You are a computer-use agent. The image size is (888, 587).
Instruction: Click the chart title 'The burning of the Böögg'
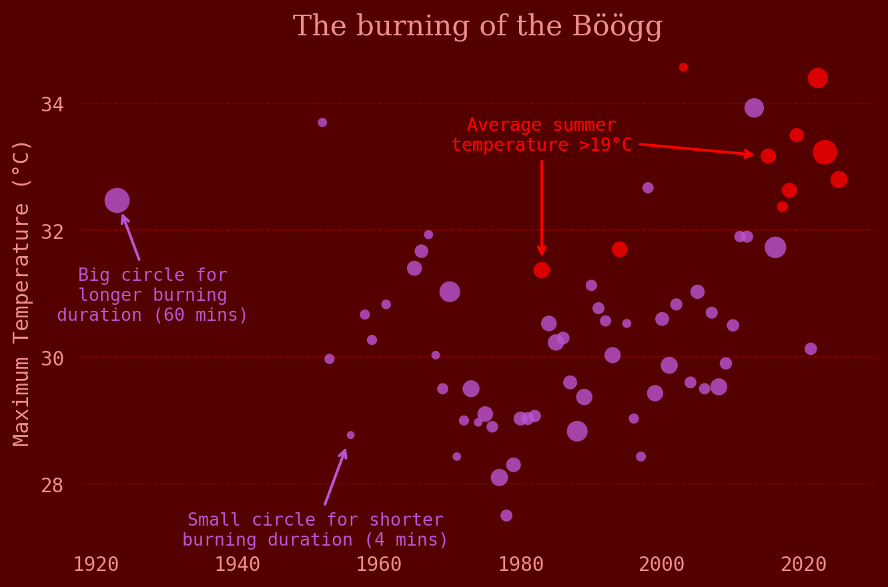point(478,27)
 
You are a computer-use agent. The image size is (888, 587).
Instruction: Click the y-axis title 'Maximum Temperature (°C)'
point(21,292)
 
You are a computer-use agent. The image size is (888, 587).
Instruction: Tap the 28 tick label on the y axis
point(52,485)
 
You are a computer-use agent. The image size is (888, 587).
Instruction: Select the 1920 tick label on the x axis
point(96,564)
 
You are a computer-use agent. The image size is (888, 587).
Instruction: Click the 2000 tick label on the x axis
point(662,564)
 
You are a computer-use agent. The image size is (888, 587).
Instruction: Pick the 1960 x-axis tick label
point(379,564)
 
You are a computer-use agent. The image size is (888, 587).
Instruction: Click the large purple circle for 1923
point(117,200)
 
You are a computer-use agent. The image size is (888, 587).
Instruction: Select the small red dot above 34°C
point(683,67)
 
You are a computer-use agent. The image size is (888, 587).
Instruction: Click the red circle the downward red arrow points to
point(542,270)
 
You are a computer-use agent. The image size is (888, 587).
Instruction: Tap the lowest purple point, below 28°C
point(506,516)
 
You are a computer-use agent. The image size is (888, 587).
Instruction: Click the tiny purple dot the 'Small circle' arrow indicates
point(351,435)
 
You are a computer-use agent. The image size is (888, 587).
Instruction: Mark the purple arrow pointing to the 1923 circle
point(131,237)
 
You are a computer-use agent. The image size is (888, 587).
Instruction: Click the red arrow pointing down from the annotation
point(542,207)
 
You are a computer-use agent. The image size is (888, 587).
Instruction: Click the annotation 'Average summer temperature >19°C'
point(541,135)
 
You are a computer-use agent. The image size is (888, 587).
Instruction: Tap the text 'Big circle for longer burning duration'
point(153,295)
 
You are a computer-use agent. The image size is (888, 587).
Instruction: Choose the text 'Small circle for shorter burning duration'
point(315,530)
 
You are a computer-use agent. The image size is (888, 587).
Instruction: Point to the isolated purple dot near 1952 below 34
point(322,123)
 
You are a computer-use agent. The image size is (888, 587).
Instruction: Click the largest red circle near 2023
point(825,152)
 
